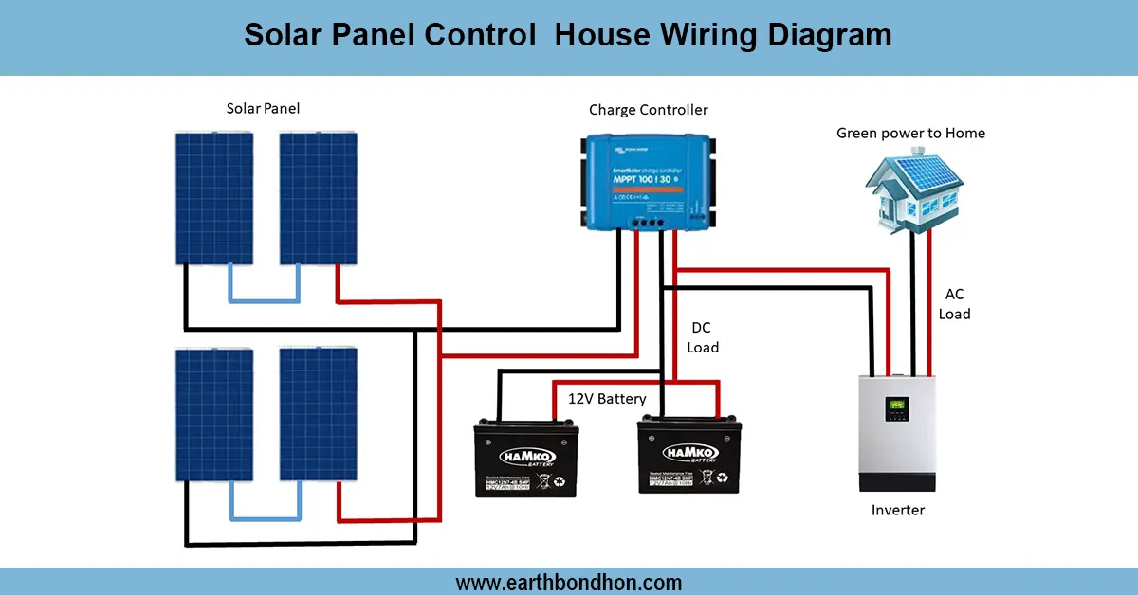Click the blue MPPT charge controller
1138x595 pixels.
point(648,180)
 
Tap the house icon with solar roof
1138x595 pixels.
point(911,189)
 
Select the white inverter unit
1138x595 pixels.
point(897,432)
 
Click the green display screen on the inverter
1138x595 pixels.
point(895,408)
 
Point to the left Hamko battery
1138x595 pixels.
point(525,460)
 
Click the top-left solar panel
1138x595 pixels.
point(213,198)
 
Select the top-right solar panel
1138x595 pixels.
point(318,198)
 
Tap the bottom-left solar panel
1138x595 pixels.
point(213,414)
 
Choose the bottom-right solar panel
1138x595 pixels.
point(318,414)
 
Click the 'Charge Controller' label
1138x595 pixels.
point(648,110)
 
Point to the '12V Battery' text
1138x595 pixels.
point(607,399)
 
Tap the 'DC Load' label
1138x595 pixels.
point(702,337)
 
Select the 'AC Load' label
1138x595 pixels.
point(954,304)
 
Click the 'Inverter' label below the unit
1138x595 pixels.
point(897,510)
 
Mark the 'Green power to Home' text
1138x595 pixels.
point(910,134)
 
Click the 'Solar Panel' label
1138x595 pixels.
point(263,109)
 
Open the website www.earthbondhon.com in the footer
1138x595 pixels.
point(569,583)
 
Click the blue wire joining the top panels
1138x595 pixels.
point(265,300)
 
